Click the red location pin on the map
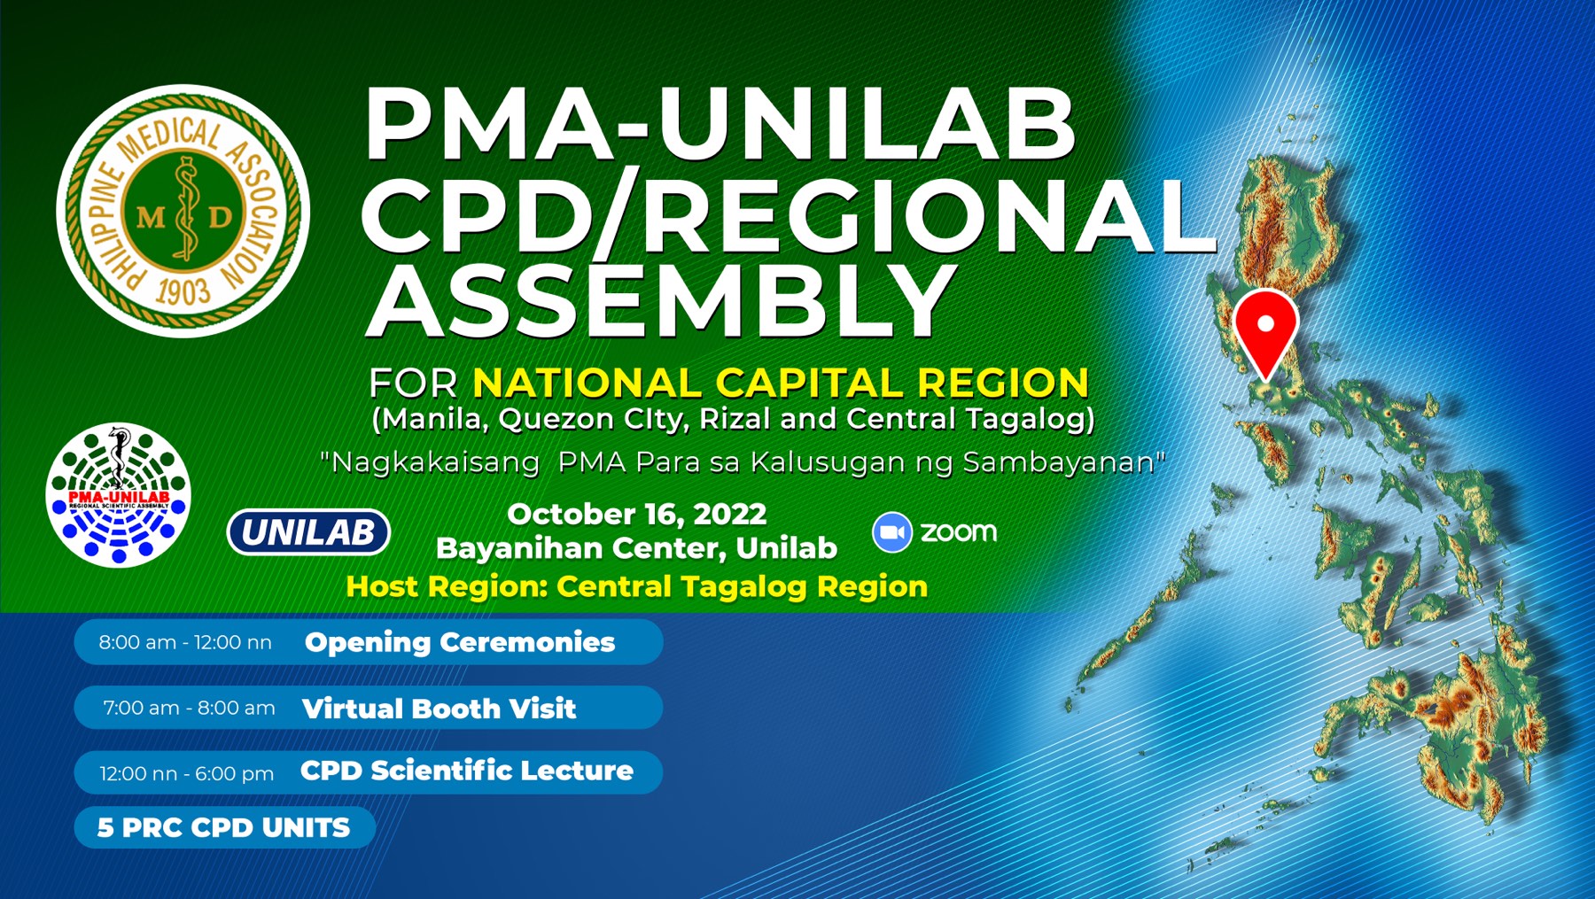[x=1265, y=332]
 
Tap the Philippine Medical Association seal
[x=183, y=211]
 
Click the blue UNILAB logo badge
[x=308, y=532]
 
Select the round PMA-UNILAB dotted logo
[x=119, y=495]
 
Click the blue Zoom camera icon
[x=892, y=532]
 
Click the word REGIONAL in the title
[x=930, y=215]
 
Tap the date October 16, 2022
[x=637, y=515]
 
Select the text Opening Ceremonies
[x=460, y=642]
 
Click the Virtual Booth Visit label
[x=440, y=709]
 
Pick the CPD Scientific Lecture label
[x=467, y=771]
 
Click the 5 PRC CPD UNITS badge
[x=225, y=827]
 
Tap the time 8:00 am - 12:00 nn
[x=185, y=643]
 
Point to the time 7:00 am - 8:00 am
[x=189, y=709]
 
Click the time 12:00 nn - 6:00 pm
[x=187, y=774]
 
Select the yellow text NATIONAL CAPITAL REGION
[x=781, y=384]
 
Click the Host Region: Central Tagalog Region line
[x=637, y=586]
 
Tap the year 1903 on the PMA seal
[x=183, y=291]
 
